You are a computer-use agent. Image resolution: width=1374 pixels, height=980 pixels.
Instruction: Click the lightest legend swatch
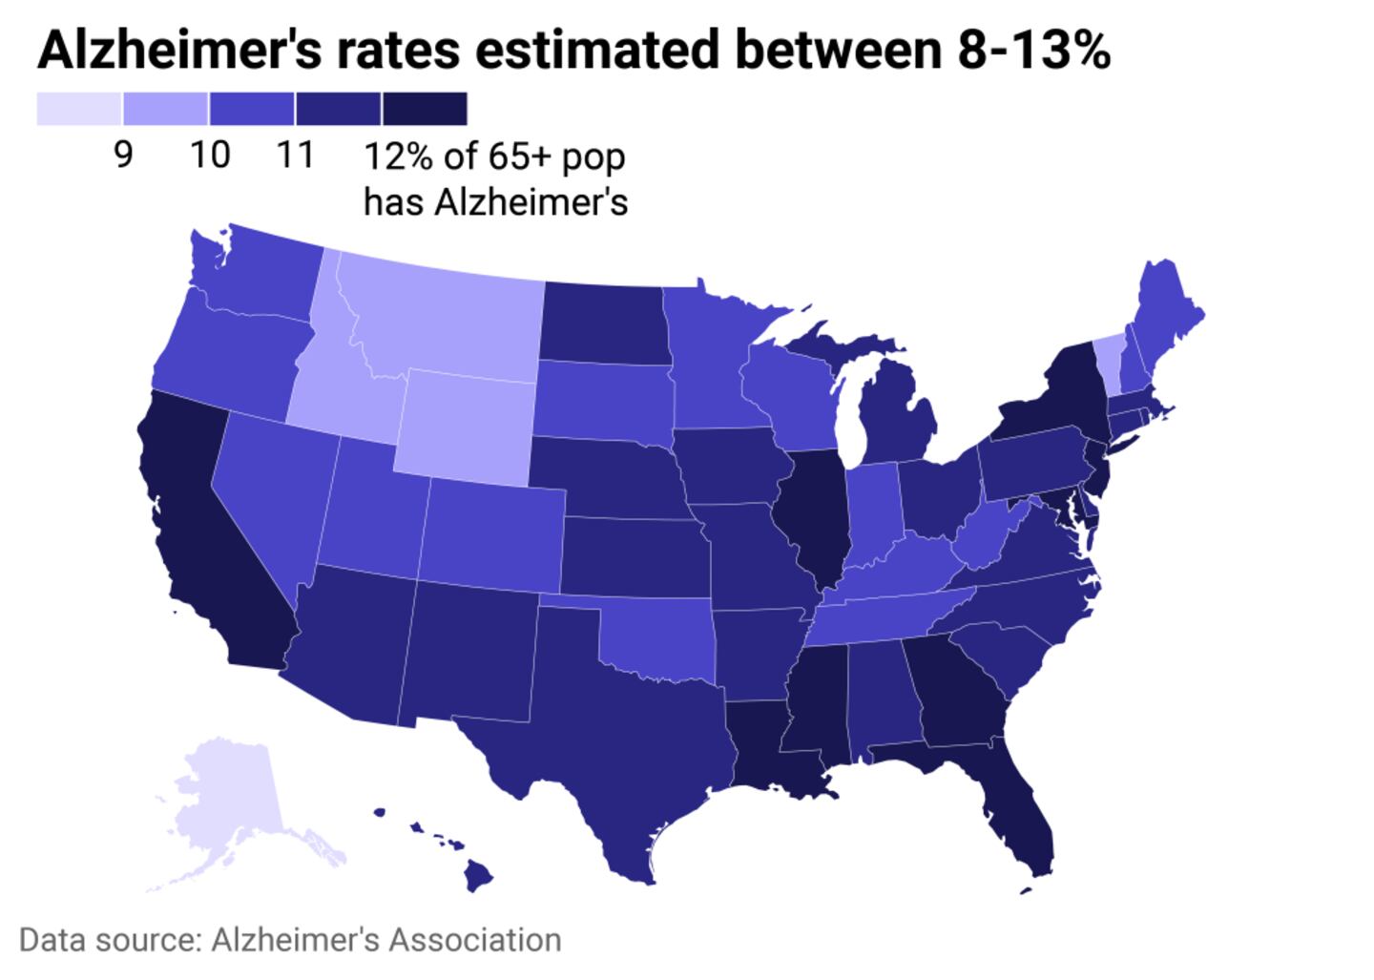(x=79, y=109)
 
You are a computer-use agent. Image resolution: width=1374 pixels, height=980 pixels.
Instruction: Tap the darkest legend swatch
(x=425, y=109)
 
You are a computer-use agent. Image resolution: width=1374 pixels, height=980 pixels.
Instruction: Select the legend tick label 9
(x=122, y=155)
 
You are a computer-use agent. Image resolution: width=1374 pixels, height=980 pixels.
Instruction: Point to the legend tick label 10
(x=209, y=155)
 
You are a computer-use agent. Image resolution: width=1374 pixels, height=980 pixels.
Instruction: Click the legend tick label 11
(x=295, y=155)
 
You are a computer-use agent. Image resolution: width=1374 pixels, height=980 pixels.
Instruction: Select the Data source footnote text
(x=290, y=940)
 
